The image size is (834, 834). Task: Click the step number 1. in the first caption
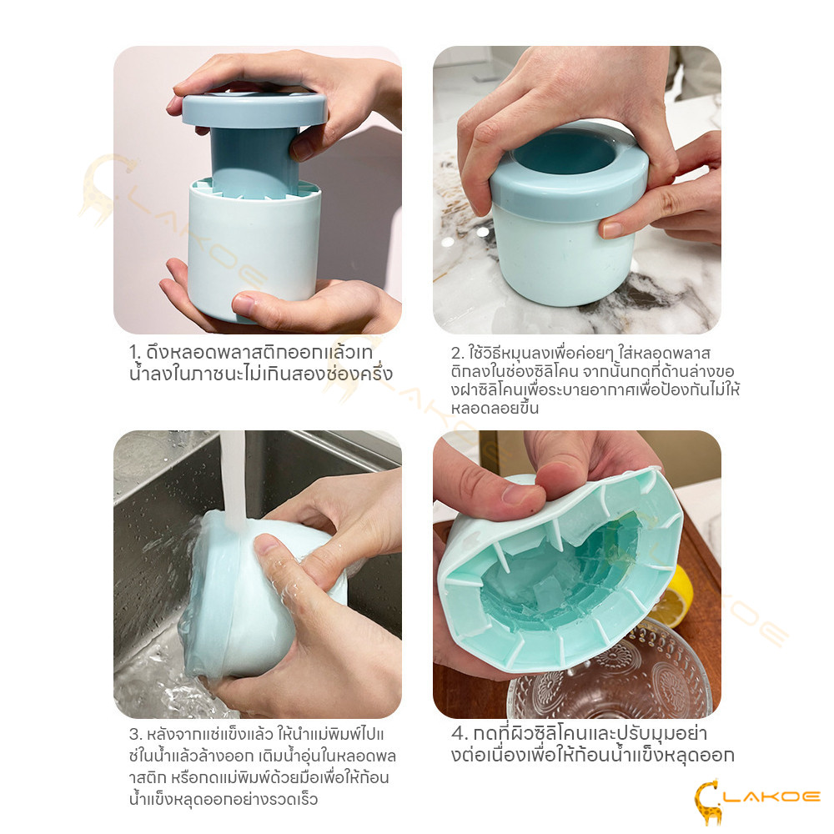[x=134, y=352]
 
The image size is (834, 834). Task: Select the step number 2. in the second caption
[x=457, y=353]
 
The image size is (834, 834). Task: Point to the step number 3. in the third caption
[x=135, y=735]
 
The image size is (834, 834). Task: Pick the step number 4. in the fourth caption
[x=459, y=734]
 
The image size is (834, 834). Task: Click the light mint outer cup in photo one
[x=254, y=251]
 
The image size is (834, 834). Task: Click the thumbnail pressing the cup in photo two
[x=611, y=230]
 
